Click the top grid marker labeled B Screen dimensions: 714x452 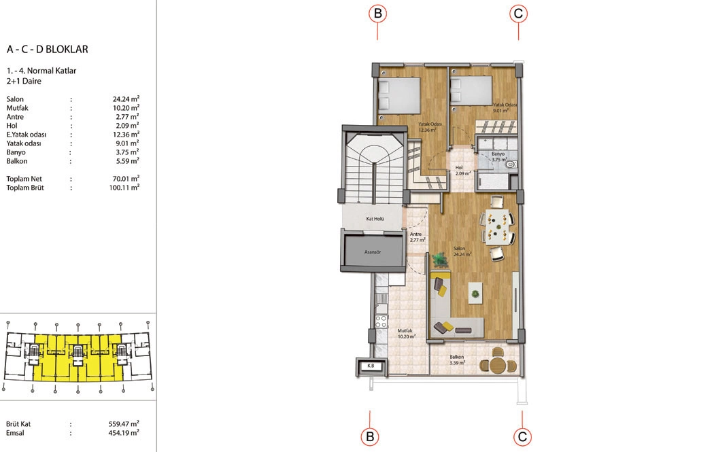pyautogui.click(x=377, y=14)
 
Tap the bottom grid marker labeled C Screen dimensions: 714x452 pyautogui.click(x=522, y=437)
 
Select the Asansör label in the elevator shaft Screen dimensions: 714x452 pyautogui.click(x=373, y=251)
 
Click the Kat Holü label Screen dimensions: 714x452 pyautogui.click(x=375, y=219)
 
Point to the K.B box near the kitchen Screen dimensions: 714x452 pyautogui.click(x=371, y=366)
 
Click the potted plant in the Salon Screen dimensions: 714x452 pyautogui.click(x=439, y=260)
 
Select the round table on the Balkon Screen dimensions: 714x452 pyautogui.click(x=498, y=365)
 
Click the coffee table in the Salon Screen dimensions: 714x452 pyautogui.click(x=475, y=294)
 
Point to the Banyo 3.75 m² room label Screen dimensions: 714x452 pyautogui.click(x=499, y=157)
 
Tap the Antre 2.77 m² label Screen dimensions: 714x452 pyautogui.click(x=417, y=237)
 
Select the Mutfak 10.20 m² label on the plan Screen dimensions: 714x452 pyautogui.click(x=406, y=334)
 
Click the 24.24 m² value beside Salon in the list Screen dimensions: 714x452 pyautogui.click(x=126, y=99)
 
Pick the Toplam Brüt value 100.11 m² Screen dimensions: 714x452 pyautogui.click(x=124, y=187)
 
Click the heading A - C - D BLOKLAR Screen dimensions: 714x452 pyautogui.click(x=48, y=49)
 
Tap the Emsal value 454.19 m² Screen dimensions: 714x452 pyautogui.click(x=124, y=433)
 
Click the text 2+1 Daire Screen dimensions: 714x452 pyautogui.click(x=24, y=81)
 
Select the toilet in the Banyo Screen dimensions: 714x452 pyautogui.click(x=511, y=164)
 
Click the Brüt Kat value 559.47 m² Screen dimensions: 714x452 pyautogui.click(x=124, y=423)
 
